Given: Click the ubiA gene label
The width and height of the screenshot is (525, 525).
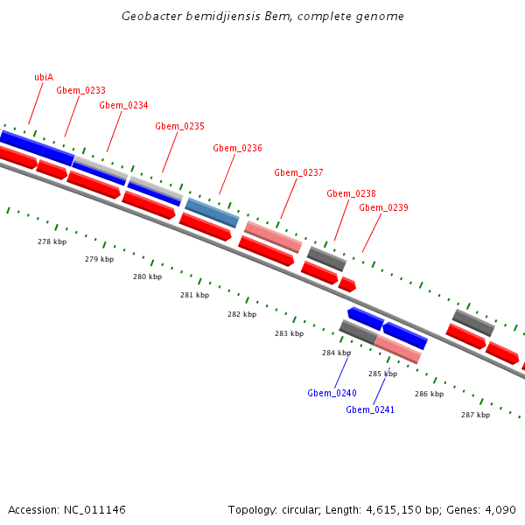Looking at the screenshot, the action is coord(44,77).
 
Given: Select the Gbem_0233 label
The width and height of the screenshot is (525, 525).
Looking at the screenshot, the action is coord(81,90).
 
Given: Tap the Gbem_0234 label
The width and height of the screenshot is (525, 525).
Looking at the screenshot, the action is coord(123,105).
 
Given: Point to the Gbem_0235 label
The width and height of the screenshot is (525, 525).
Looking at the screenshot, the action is coord(180,126).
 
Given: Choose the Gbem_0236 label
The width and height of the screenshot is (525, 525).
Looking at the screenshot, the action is coord(237,148).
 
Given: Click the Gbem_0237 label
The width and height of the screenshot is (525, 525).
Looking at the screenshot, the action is coord(298,172).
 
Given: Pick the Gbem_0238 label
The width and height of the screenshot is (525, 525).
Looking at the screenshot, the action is coord(351,193).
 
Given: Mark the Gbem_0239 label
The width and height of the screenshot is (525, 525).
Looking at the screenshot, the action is coord(383,207).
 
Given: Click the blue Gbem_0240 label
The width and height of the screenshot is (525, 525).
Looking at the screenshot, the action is coord(332,393).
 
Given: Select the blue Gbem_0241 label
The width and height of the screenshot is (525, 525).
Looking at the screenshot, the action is coord(370,409).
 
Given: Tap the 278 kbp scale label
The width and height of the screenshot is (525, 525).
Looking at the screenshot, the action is coord(52,241).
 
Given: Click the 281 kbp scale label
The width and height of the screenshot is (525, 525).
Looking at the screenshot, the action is coord(194,296).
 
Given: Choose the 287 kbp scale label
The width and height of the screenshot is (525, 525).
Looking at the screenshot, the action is coord(475,415).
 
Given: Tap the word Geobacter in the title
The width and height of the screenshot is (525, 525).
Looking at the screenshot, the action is coord(153,17).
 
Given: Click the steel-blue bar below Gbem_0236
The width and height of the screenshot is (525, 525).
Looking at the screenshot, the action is coord(212,213).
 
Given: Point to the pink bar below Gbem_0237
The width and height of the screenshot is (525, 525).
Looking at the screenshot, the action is coord(273,236).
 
